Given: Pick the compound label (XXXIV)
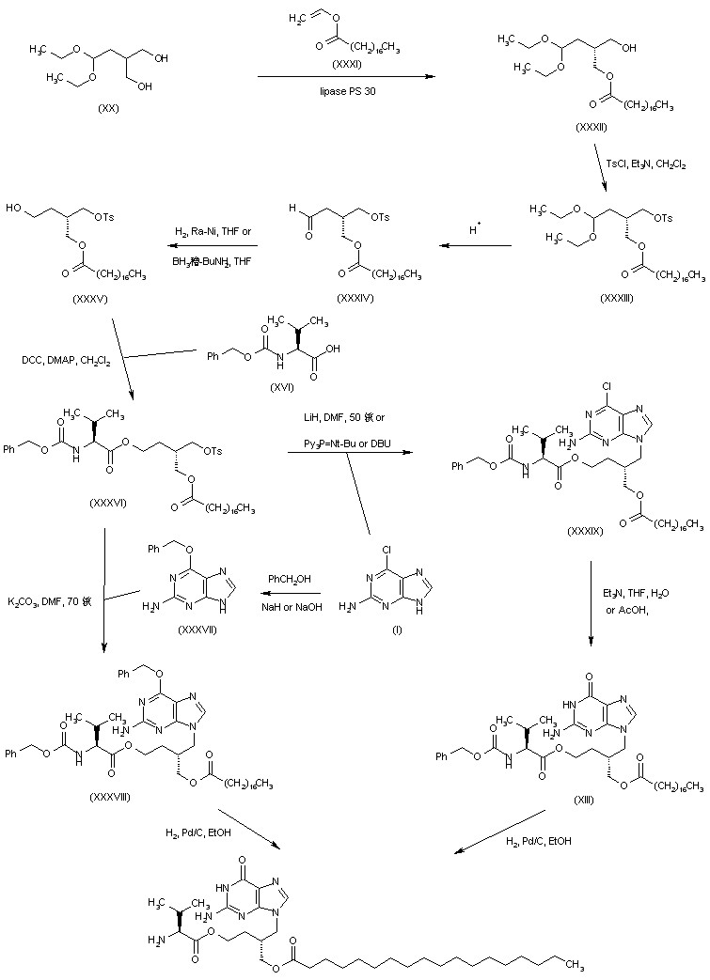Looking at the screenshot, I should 357,297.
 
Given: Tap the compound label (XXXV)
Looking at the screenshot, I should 89,302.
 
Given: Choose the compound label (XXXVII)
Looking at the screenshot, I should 197,629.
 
